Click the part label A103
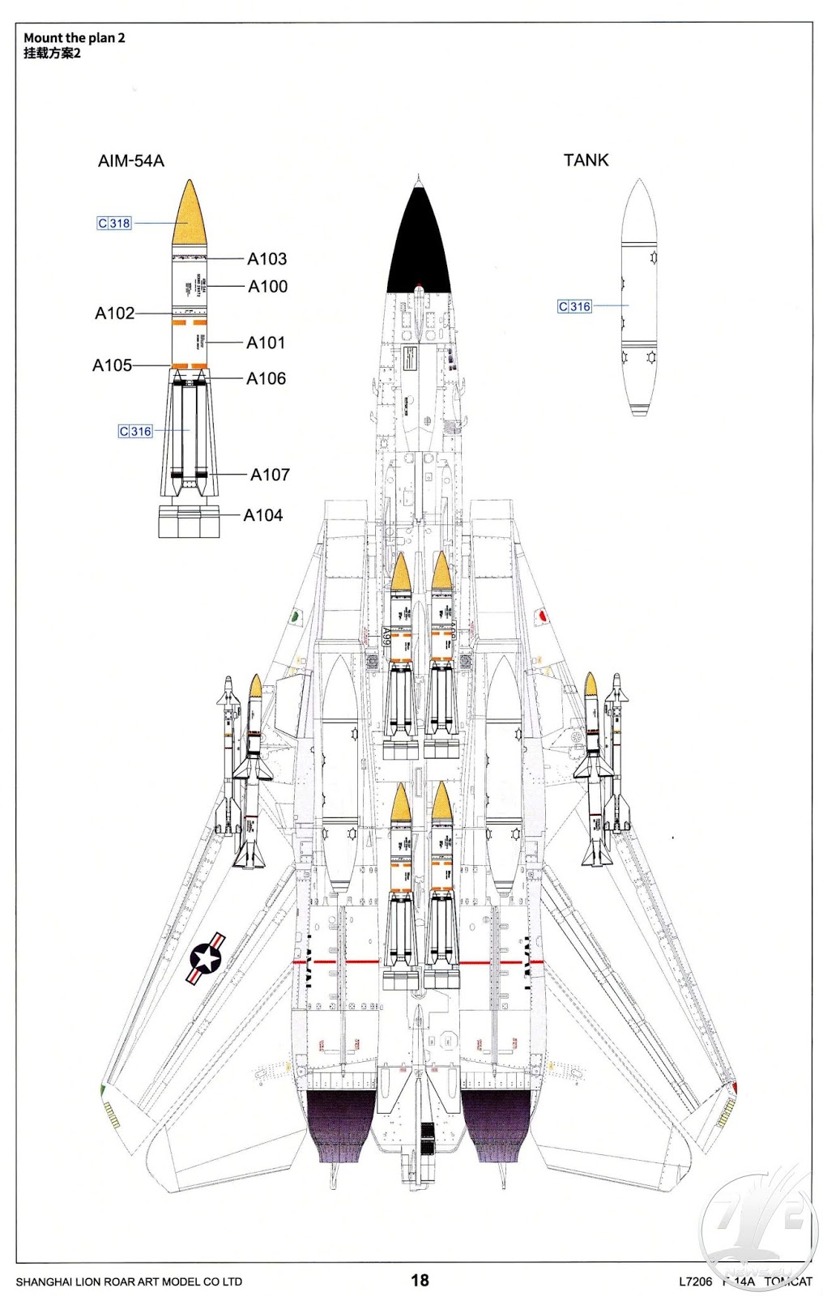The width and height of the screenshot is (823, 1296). click(267, 258)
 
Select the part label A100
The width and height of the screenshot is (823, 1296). click(267, 286)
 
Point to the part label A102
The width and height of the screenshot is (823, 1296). click(114, 313)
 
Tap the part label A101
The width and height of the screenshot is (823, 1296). click(266, 343)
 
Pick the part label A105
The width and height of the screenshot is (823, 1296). click(112, 365)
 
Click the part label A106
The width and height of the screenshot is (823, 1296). click(266, 378)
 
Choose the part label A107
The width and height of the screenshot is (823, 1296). click(270, 475)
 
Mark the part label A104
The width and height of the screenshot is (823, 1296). click(262, 515)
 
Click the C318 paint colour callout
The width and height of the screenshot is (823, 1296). click(114, 223)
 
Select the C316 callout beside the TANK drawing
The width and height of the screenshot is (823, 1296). click(574, 306)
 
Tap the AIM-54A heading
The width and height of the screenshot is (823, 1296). click(130, 160)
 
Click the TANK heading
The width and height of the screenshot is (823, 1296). click(586, 160)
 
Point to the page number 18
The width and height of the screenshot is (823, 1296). click(420, 1280)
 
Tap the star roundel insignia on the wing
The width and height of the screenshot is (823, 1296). click(207, 959)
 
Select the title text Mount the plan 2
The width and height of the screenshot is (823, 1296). click(74, 37)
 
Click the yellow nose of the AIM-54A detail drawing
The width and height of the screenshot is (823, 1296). click(189, 215)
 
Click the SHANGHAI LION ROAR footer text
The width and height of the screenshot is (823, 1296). click(129, 1281)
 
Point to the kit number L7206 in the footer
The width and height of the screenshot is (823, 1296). click(695, 1281)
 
